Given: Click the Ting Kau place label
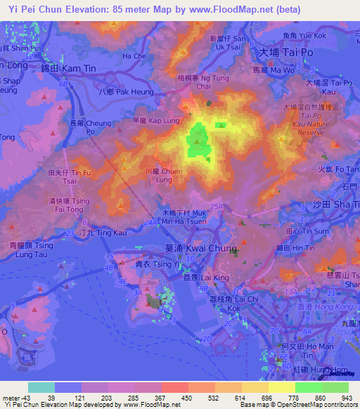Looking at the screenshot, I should [x=94, y=232].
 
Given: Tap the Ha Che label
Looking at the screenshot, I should [x=134, y=55].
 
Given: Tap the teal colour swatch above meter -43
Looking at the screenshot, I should [x=41, y=387].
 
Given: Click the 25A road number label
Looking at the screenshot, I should [x=217, y=206].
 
